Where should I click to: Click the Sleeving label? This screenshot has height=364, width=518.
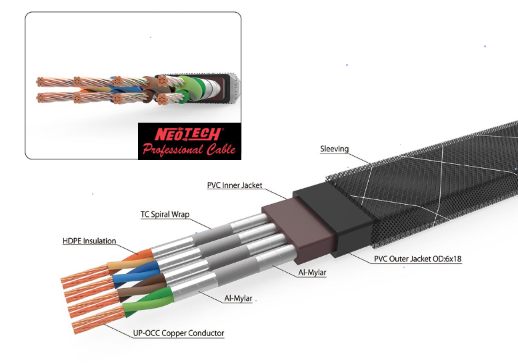coord(334,149)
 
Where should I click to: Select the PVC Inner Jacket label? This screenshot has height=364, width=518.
coord(235,185)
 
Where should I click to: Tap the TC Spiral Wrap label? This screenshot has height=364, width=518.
coord(165,215)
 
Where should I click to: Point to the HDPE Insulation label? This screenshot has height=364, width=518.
coord(89,241)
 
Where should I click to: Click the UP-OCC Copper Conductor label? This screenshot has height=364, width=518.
coord(179,333)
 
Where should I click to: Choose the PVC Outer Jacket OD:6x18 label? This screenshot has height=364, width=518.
coord(417,259)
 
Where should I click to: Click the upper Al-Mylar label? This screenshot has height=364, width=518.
coord(312,273)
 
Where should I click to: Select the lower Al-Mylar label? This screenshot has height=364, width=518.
coord(238,299)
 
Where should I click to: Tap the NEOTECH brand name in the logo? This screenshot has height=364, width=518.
coord(187,134)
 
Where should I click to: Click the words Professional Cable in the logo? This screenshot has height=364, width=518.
coord(189,149)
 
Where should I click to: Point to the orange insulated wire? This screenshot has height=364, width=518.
coord(139,255)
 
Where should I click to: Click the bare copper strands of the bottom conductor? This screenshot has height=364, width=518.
coord(98,319)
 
